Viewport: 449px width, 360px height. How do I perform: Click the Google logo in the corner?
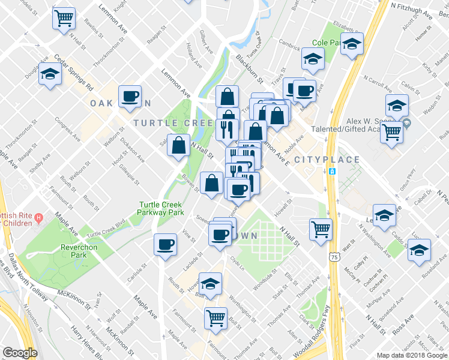(20, 353)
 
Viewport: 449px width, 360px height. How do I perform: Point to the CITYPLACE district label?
(327, 160)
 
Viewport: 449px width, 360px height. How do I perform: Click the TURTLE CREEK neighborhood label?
(173, 122)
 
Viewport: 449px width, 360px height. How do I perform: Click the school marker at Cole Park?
(352, 44)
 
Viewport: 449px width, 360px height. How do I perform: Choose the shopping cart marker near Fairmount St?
(215, 318)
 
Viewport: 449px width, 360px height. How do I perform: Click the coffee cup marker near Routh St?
(165, 244)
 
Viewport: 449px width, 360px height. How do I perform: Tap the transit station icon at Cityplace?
(332, 171)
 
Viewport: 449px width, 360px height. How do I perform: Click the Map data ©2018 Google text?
(411, 355)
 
